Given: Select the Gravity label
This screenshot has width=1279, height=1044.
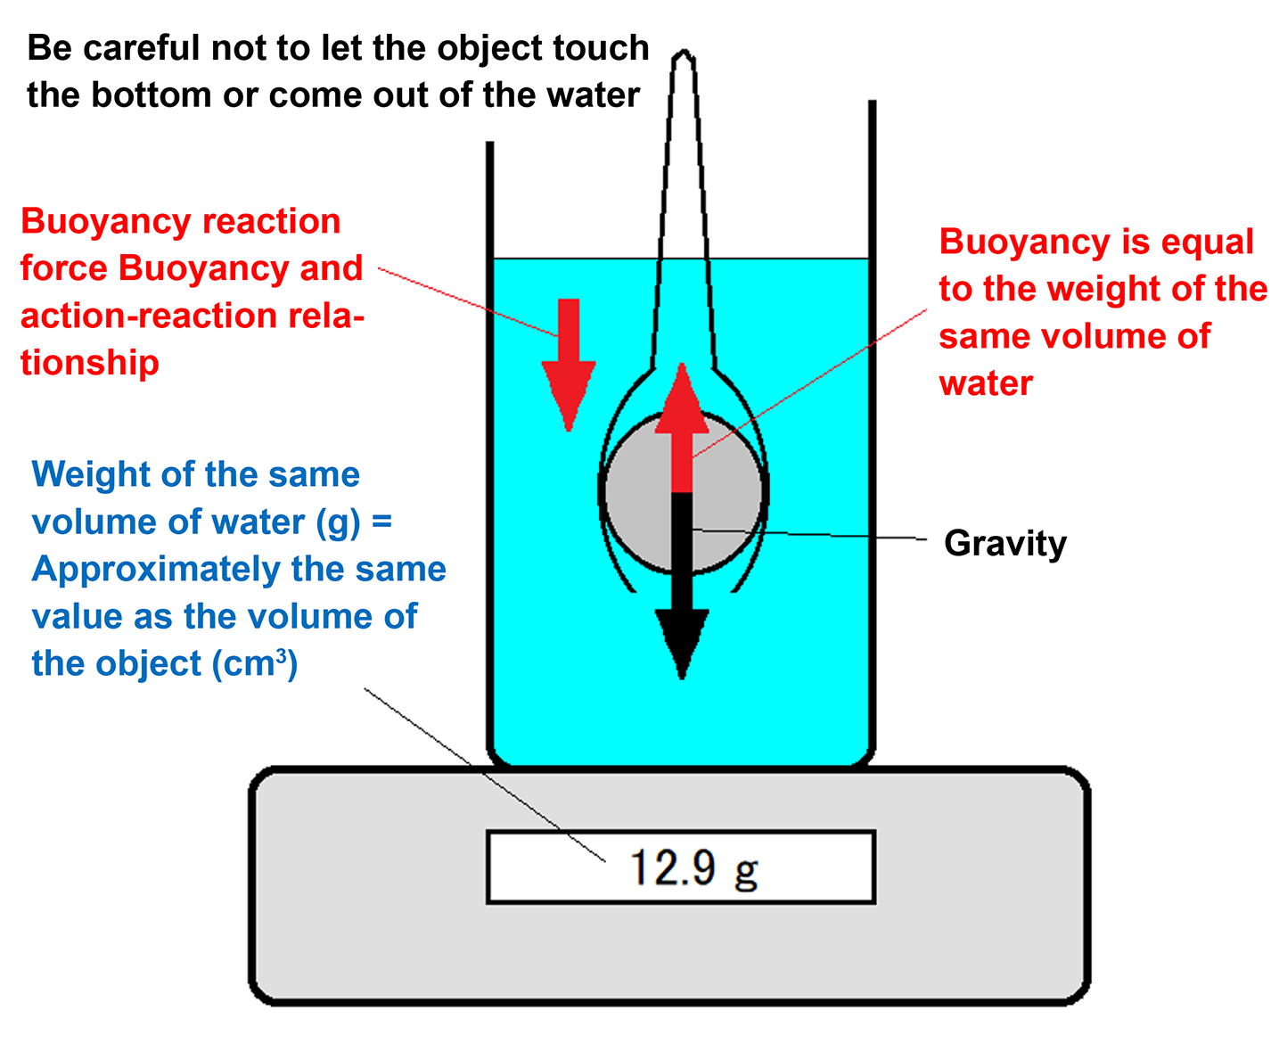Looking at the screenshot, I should pos(1004,543).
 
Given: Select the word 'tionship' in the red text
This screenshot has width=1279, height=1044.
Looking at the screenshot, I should pos(90,363).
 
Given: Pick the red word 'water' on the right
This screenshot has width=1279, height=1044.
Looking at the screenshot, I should pos(985,383).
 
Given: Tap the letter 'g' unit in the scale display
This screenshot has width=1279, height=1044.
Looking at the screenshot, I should pos(746,870).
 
